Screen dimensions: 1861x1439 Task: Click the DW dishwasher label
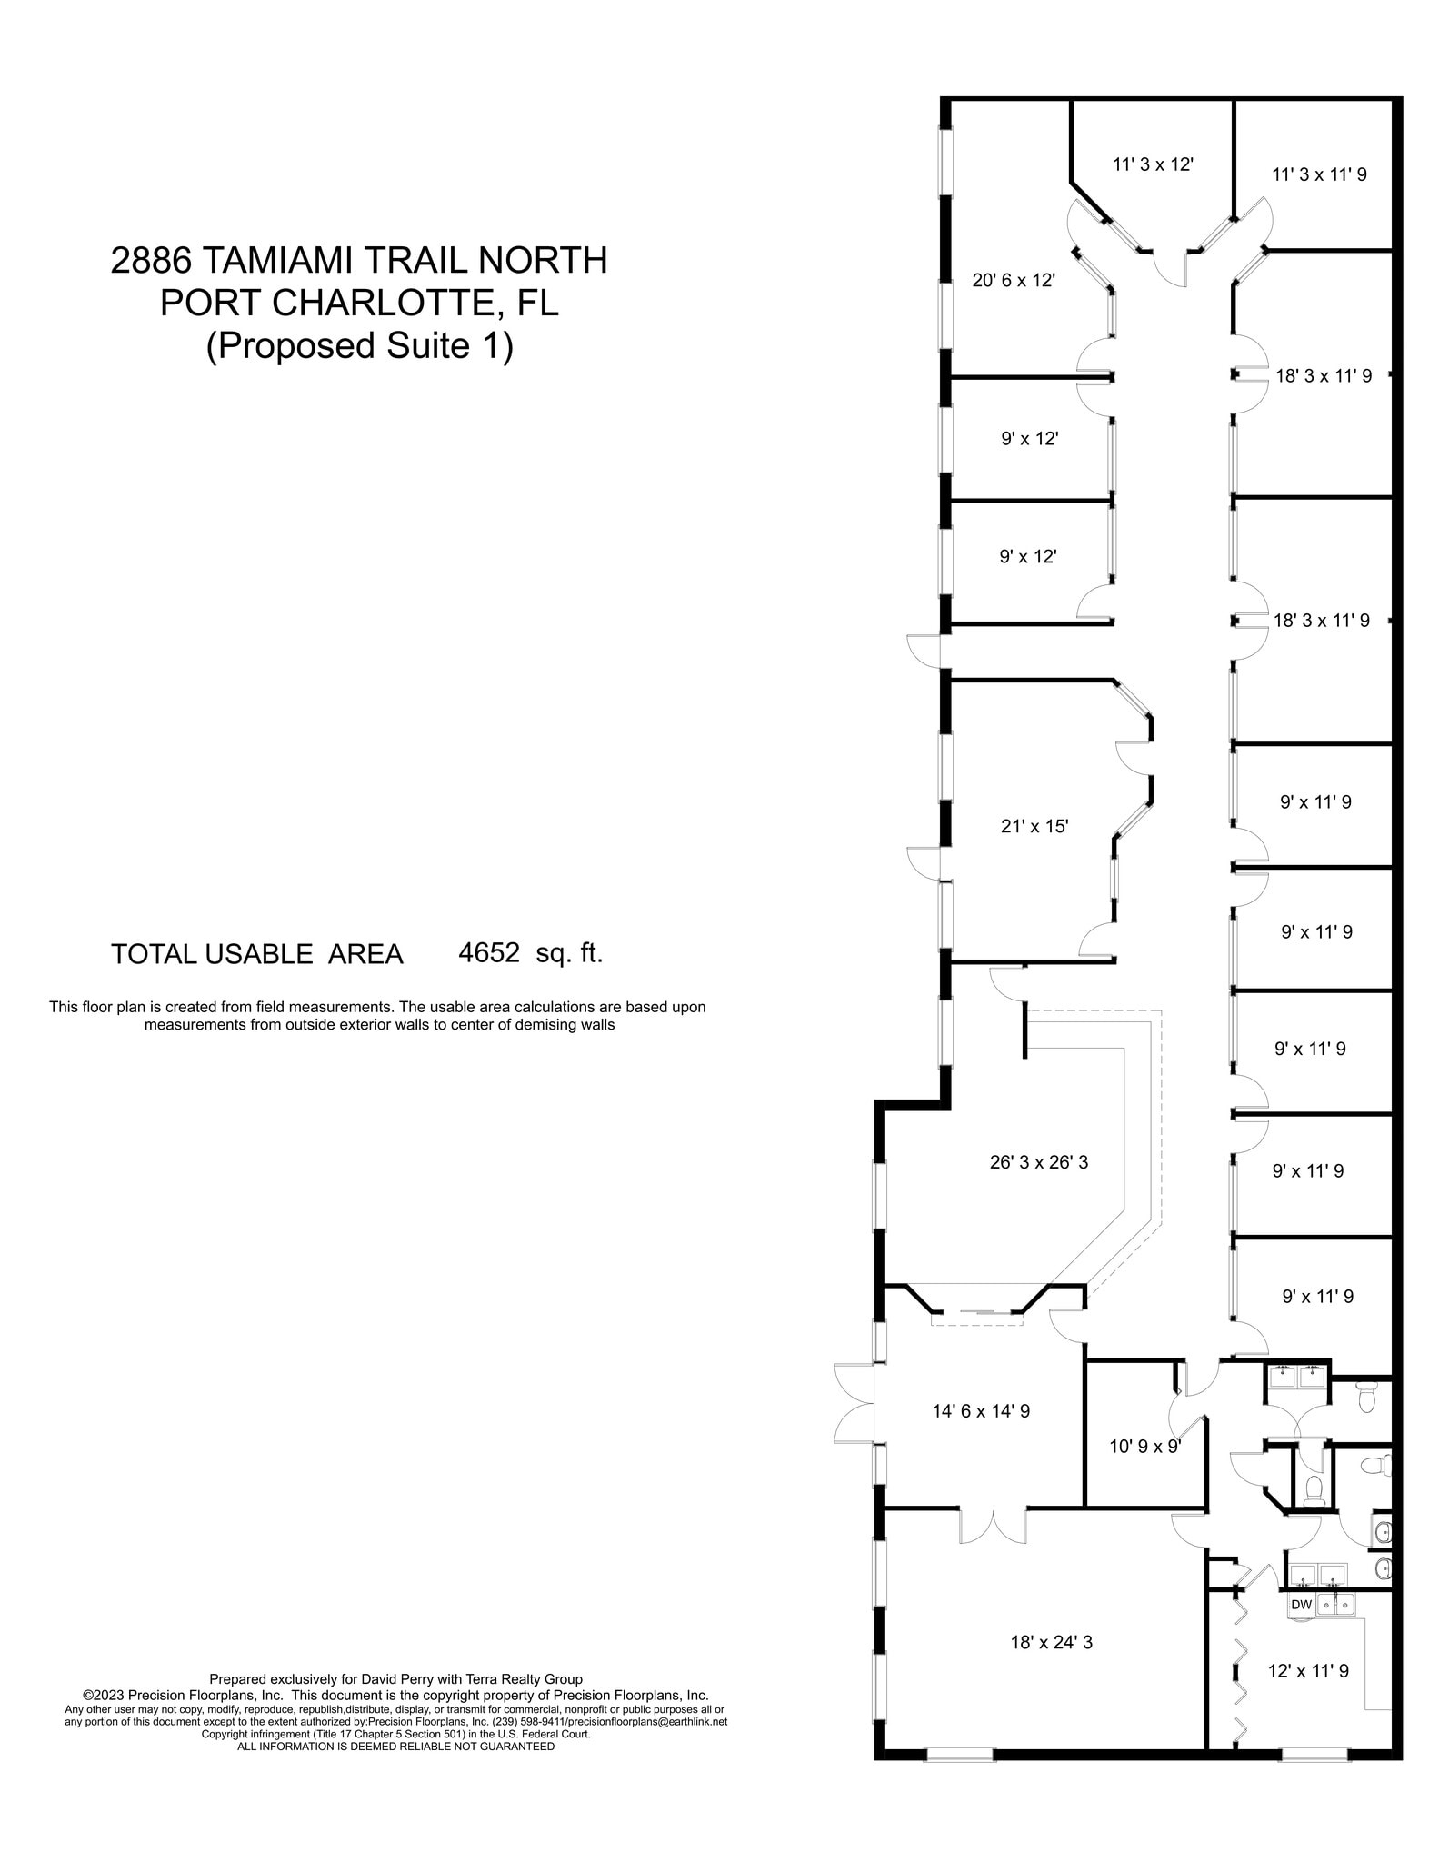(1301, 1605)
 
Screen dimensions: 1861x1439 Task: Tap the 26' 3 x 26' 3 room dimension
(1038, 1161)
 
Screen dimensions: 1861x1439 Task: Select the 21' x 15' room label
(1034, 826)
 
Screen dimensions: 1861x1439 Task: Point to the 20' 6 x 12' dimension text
(1013, 280)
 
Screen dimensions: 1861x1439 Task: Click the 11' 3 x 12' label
(1152, 164)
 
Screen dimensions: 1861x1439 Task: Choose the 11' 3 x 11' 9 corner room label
(1318, 174)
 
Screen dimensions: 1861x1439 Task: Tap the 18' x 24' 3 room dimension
(1051, 1642)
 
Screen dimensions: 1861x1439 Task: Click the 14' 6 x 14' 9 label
(980, 1411)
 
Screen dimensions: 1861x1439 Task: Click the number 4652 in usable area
(489, 952)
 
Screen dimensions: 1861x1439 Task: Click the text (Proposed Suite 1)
(359, 345)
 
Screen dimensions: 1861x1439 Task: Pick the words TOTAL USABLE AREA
(256, 954)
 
